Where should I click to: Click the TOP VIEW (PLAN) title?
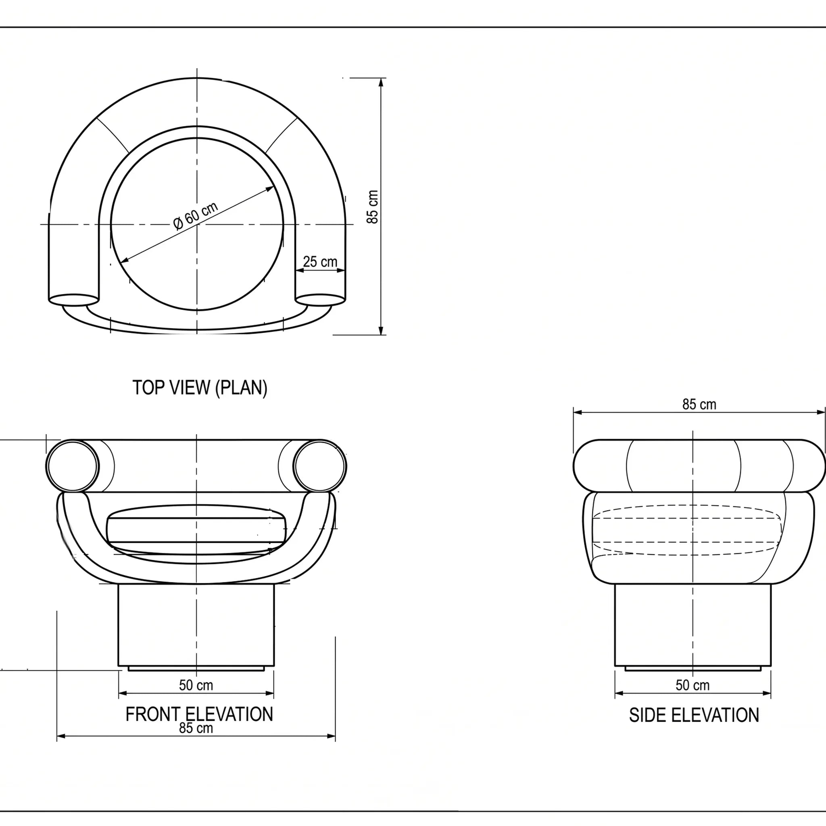point(200,388)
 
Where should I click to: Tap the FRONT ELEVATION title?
point(199,714)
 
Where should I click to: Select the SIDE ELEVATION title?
point(694,715)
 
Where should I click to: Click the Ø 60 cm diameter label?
point(196,216)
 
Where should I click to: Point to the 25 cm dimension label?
point(320,261)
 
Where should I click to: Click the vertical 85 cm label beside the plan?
point(372,207)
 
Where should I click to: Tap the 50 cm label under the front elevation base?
point(196,685)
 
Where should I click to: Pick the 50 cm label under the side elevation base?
point(693,685)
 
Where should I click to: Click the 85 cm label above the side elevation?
point(699,405)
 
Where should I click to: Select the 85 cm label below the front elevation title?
point(196,728)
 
